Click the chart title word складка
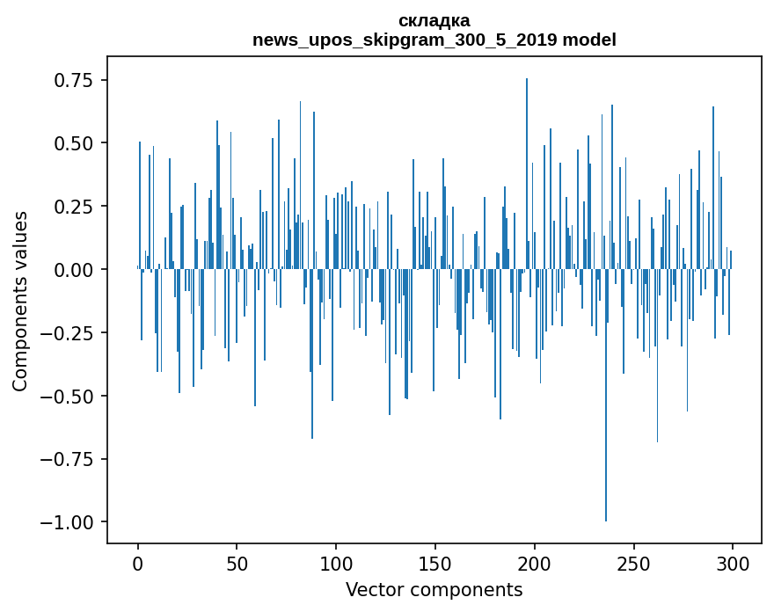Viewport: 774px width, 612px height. click(x=434, y=20)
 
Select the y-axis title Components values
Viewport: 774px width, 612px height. click(x=20, y=301)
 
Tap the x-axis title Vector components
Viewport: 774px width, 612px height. click(x=434, y=589)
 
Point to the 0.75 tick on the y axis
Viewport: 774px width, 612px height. click(x=74, y=80)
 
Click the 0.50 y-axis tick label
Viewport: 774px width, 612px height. click(x=74, y=143)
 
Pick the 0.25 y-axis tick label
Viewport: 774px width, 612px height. click(x=74, y=207)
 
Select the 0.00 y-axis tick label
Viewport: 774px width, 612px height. click(x=74, y=270)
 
